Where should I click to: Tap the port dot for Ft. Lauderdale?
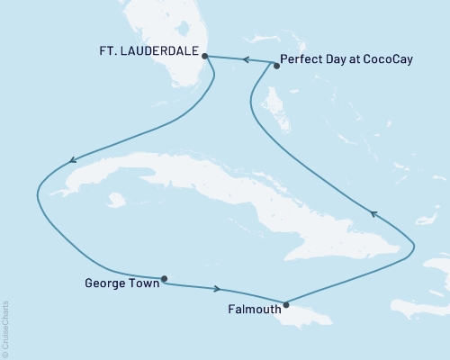coord(206,56)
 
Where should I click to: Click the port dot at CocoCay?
coord(277,65)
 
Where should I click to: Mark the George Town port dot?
coord(164,279)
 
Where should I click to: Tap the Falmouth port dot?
coord(286,304)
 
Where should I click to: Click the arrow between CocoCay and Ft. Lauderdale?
coord(241,59)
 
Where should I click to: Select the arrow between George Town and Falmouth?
coord(217,289)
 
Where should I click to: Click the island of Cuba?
coord(225,193)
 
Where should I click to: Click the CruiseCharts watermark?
coord(5,328)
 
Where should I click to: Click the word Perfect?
coord(302,62)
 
